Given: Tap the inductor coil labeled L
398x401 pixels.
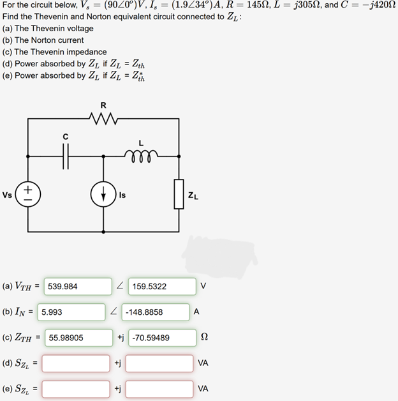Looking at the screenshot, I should click(x=139, y=154).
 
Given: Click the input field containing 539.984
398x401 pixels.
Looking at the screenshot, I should click(x=77, y=287).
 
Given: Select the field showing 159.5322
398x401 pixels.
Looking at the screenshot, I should click(x=162, y=287).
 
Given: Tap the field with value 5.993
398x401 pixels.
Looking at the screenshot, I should click(x=71, y=312).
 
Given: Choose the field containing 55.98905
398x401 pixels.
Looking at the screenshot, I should click(x=77, y=337).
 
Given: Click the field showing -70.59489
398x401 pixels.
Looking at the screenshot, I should click(x=160, y=337).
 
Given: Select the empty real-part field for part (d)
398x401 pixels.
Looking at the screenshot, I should click(x=76, y=363).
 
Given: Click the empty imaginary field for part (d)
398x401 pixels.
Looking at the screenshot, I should click(x=159, y=363).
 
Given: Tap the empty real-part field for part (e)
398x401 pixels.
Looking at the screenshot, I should click(x=76, y=388).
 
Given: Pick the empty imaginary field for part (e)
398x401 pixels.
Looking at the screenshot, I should click(x=159, y=388).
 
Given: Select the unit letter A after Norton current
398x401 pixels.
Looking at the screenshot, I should click(x=196, y=312).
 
